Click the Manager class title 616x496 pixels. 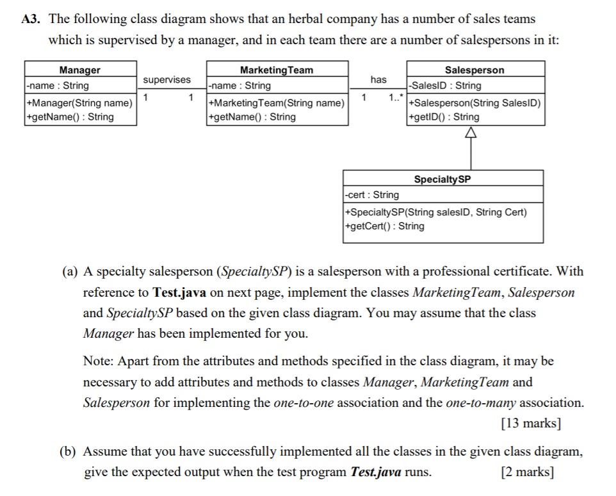(x=79, y=70)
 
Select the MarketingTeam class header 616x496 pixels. (x=277, y=70)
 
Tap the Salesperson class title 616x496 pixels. (x=474, y=70)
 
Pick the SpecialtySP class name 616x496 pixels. (x=442, y=179)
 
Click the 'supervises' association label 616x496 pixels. (x=166, y=79)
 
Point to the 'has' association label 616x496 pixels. (x=378, y=79)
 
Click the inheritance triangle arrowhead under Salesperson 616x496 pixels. (x=472, y=133)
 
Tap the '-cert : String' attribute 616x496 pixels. (x=371, y=195)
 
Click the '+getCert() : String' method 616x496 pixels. (x=384, y=226)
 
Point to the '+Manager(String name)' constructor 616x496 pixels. (x=79, y=103)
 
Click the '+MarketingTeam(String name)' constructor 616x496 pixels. (x=277, y=103)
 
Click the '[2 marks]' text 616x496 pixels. (x=528, y=472)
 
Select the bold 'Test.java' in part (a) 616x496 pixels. (x=178, y=293)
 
